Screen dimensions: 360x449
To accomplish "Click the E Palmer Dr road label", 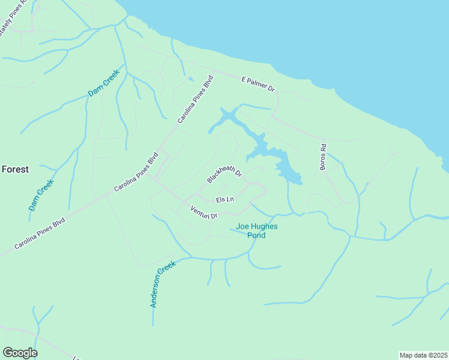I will point(258,84).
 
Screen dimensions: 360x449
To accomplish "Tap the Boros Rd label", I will point(324,157).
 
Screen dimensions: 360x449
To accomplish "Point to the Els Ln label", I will point(224,199).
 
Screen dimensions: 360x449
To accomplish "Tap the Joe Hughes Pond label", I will point(251,231).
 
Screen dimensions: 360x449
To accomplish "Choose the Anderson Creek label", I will point(163,284).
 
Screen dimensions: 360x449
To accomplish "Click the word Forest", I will point(15,170).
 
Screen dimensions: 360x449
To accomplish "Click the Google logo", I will point(20,353).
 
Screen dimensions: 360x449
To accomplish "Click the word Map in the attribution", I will point(407,355).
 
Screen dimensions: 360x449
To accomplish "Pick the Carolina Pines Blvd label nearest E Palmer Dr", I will point(195,100).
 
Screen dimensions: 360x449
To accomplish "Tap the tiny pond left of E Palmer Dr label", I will point(191,79).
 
